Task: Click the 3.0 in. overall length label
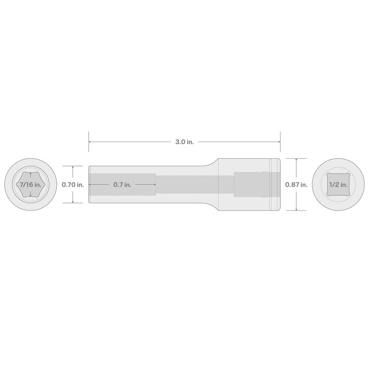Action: (184, 142)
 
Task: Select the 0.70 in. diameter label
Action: (73, 184)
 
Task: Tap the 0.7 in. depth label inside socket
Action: (122, 184)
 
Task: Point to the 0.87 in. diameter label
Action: (296, 184)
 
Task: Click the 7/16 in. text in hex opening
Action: (30, 184)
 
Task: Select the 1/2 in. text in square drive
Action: (339, 184)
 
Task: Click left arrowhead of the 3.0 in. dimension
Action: (90, 142)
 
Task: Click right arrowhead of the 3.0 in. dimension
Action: (279, 142)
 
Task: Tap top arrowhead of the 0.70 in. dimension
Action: (73, 167)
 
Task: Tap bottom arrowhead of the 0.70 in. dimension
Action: (73, 202)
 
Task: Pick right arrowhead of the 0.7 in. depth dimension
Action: (155, 184)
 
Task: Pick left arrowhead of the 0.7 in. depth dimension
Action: (90, 184)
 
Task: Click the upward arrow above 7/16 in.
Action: (30, 174)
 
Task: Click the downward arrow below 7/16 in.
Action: (30, 195)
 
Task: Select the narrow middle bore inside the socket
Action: (194, 184)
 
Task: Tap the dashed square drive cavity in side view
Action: (251, 184)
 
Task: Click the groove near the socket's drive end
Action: (271, 184)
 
